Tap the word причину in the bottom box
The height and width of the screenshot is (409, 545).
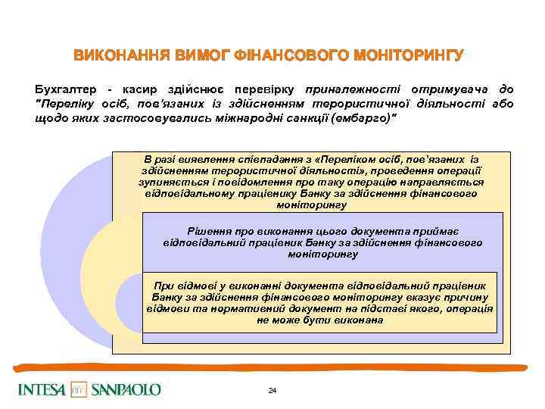(x=466, y=298)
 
